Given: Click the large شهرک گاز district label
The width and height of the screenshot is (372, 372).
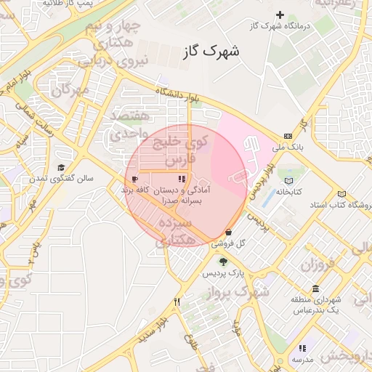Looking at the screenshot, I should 211,52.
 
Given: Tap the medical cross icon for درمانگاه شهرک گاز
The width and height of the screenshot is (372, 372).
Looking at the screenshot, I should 280,15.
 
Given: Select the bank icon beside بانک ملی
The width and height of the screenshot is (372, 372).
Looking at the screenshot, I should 288,136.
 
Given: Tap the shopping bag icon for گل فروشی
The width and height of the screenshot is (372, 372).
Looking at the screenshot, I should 229,232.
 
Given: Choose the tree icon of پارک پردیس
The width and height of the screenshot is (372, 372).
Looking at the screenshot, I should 222,262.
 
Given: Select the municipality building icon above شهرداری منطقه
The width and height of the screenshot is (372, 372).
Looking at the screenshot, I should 315,288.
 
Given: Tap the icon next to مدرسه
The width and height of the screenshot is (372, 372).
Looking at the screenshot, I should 303,347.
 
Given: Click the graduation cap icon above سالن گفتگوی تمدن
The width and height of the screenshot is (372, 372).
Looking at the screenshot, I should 60,167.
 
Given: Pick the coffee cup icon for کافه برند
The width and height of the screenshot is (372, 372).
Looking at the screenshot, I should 134,178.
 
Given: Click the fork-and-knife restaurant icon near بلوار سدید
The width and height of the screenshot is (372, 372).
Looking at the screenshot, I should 177,301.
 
